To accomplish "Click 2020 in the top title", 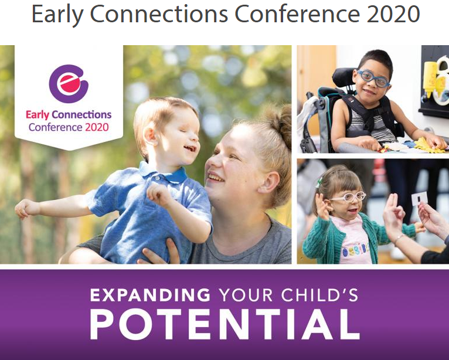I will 393,14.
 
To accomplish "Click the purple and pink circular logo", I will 68,84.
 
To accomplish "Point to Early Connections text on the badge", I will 68,115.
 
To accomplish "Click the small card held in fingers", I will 419,198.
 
